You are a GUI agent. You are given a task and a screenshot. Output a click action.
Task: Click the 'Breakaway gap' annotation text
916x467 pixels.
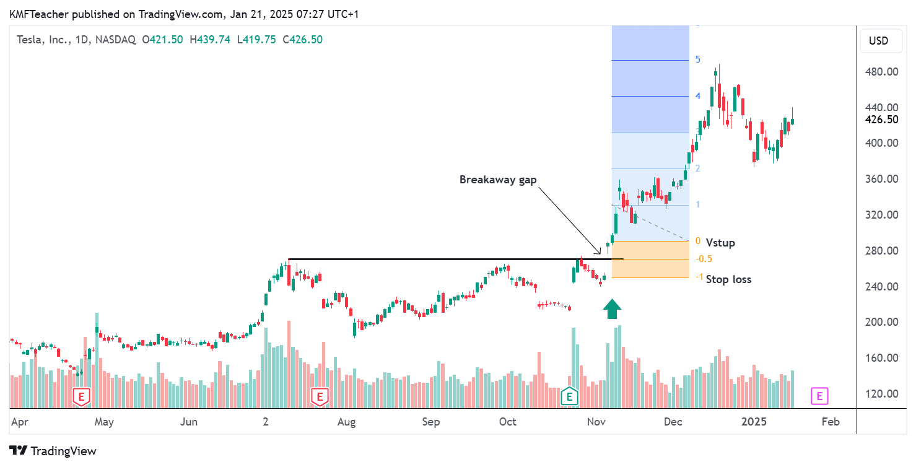(498, 180)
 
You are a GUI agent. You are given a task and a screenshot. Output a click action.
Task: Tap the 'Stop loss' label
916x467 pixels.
(728, 279)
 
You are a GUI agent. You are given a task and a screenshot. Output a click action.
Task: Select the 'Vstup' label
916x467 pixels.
(720, 243)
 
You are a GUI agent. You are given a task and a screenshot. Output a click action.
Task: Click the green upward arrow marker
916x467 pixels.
(612, 308)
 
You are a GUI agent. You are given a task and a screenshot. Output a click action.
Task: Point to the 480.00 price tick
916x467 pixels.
(881, 72)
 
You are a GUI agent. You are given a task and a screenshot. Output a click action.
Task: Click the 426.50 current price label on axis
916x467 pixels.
(881, 120)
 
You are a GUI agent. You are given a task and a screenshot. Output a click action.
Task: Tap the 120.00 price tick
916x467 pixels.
(881, 394)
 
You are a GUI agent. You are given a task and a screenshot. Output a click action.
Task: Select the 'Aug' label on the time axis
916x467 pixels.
(346, 422)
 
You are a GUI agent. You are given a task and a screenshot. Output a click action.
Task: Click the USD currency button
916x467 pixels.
(878, 41)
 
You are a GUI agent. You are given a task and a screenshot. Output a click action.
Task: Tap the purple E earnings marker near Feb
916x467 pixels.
(819, 396)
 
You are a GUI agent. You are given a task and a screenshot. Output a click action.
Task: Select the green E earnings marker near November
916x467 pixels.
(569, 396)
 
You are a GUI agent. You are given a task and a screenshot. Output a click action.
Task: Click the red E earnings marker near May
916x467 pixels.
(81, 396)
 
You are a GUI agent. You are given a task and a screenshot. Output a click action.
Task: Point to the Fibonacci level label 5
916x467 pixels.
(697, 60)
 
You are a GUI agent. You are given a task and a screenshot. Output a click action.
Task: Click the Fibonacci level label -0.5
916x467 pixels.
(703, 259)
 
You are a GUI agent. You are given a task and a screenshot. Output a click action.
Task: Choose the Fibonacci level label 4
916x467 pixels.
(697, 96)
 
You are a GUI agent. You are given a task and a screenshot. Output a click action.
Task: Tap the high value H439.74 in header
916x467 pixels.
(210, 40)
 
